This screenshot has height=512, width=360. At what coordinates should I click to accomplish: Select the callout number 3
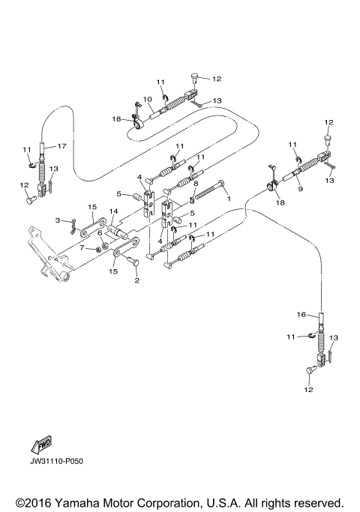tap(57, 220)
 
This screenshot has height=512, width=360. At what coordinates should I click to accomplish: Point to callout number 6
tap(99, 232)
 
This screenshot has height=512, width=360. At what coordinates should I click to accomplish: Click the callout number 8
tap(196, 183)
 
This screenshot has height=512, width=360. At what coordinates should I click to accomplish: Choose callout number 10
tap(148, 99)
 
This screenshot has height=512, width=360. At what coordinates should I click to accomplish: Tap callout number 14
tap(113, 212)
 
